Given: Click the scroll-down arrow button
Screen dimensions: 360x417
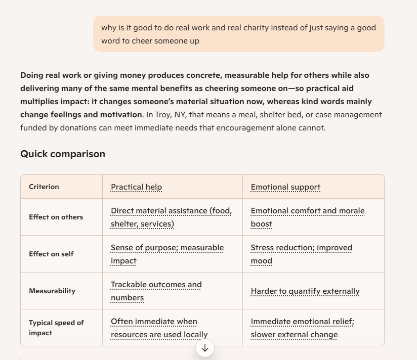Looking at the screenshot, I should click(205, 348).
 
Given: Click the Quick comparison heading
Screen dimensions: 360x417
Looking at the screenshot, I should click(63, 154).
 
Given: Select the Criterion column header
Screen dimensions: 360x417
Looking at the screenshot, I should click(44, 187).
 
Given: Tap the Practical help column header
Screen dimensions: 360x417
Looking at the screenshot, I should click(136, 187).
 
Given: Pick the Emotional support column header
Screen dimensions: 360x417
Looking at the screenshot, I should click(285, 187).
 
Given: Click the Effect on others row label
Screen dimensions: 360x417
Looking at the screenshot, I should click(56, 217).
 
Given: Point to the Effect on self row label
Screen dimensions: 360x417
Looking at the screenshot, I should click(51, 254).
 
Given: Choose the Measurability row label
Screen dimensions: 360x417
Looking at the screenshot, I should click(52, 291).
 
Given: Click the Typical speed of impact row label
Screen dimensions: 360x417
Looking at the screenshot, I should click(56, 328).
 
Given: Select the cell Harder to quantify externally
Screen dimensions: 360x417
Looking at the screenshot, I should click(305, 291).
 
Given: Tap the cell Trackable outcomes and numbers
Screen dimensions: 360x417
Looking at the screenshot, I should click(156, 291).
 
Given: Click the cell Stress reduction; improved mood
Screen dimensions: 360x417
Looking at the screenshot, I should click(301, 254).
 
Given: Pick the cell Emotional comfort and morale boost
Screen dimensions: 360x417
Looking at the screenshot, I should click(307, 217).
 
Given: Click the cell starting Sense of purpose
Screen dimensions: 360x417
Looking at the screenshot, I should click(167, 254).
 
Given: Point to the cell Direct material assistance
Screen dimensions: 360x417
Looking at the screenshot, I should click(171, 217).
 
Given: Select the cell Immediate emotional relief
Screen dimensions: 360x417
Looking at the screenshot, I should click(302, 328).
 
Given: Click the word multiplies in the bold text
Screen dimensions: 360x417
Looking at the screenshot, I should click(41, 102).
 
